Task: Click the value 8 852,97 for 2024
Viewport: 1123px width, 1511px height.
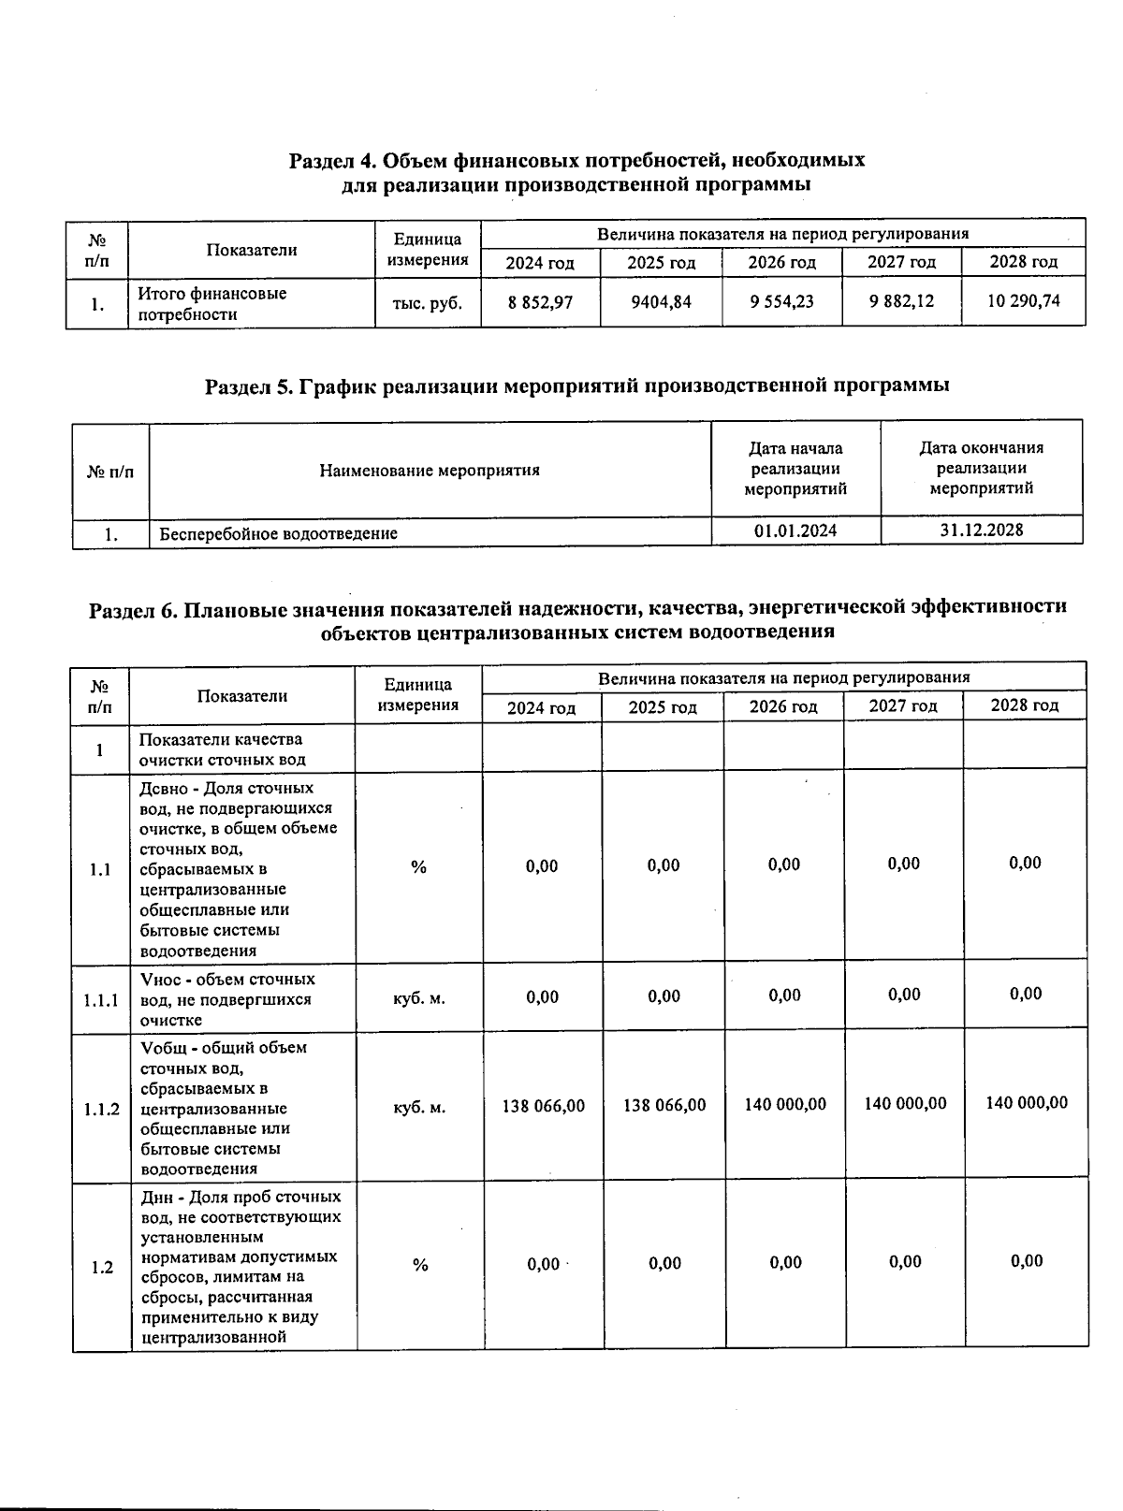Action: pos(540,302)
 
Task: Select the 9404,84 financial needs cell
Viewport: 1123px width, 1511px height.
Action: pos(661,302)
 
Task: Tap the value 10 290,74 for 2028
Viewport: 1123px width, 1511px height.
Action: pos(1024,301)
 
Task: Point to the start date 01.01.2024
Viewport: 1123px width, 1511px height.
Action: pos(795,530)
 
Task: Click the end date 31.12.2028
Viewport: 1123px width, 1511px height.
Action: pos(981,530)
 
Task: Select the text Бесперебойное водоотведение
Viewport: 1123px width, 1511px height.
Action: pos(278,533)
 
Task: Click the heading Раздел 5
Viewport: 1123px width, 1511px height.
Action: pos(577,385)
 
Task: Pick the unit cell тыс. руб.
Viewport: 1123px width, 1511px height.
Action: pos(428,302)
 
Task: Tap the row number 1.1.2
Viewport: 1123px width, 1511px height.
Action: pos(101,1110)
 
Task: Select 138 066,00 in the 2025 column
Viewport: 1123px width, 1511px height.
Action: pos(664,1106)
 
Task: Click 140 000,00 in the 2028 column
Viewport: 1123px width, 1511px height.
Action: pos(1027,1103)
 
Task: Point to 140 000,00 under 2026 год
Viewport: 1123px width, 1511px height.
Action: pos(785,1105)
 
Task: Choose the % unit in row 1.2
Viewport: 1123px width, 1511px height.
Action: pos(420,1265)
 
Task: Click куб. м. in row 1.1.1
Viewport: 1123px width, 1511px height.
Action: pos(419,998)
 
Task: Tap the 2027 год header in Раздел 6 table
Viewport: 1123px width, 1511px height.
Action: pos(903,705)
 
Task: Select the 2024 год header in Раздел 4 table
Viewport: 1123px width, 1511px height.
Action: pos(540,263)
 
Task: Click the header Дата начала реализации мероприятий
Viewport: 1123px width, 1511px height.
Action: pos(795,468)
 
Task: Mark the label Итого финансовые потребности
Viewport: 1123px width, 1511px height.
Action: pos(212,303)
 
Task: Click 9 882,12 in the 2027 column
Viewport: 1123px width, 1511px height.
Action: pos(902,301)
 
